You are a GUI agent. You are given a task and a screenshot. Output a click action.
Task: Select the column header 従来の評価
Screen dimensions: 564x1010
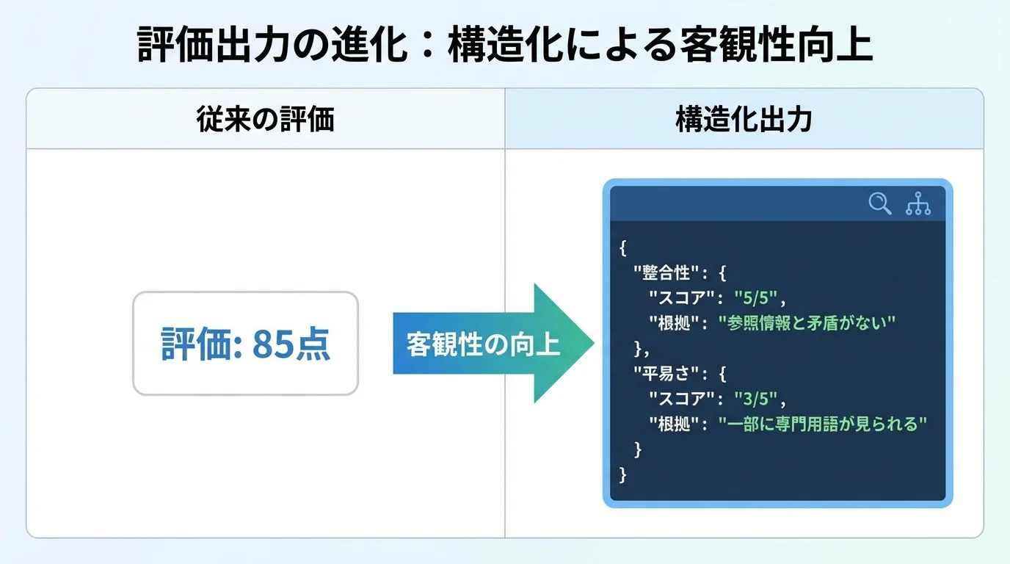click(x=265, y=120)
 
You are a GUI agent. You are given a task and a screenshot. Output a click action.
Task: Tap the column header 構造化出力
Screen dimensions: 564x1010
click(x=744, y=120)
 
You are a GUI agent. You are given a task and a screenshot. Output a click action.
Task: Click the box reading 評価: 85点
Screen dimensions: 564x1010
click(x=245, y=344)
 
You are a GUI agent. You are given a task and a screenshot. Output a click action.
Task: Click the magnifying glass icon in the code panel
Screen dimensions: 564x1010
click(x=879, y=203)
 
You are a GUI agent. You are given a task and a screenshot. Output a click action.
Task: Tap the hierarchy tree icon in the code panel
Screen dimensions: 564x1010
click(x=918, y=203)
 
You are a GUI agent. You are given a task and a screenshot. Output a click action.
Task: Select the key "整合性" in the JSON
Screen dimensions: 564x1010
click(x=666, y=273)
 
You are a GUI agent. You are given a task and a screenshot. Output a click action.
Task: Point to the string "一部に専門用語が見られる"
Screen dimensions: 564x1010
click(x=823, y=424)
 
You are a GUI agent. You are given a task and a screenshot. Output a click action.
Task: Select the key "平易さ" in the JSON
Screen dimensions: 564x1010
click(x=666, y=374)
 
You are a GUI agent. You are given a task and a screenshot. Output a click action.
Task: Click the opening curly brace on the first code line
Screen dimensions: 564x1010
click(x=623, y=248)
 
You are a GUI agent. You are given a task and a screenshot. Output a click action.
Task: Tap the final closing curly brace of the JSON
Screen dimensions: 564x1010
click(x=623, y=474)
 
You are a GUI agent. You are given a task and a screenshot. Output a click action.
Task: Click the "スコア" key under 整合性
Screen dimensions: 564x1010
click(x=682, y=298)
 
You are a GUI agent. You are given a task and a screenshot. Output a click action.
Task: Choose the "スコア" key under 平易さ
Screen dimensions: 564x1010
click(x=682, y=399)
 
